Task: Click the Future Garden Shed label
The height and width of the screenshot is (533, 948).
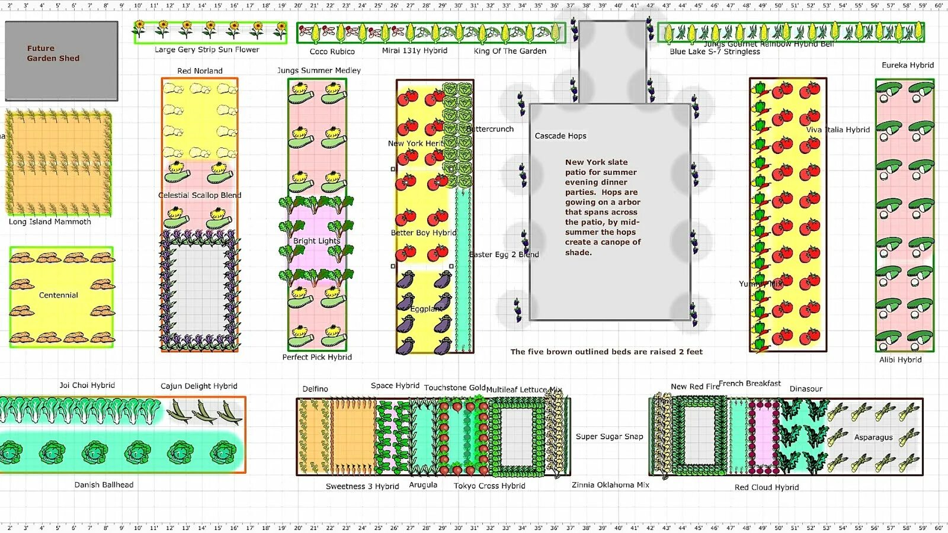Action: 53,53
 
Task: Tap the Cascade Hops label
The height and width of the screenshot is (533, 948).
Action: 560,136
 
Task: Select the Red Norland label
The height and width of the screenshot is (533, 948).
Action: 200,70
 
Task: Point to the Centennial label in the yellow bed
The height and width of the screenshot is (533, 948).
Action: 58,295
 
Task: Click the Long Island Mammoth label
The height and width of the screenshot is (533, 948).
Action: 50,221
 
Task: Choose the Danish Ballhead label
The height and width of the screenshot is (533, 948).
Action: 104,484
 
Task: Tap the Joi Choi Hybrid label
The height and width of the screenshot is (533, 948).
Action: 87,385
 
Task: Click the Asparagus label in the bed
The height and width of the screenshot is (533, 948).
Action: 873,437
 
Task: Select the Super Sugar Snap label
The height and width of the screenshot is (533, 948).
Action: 609,436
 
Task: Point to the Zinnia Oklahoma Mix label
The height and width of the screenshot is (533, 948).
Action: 610,484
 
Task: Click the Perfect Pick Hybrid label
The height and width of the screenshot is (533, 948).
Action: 316,357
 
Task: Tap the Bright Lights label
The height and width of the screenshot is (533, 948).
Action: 316,241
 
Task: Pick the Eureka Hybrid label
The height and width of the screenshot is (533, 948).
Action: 907,65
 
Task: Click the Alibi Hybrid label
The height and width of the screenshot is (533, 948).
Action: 900,359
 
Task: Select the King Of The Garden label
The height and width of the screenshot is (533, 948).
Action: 510,51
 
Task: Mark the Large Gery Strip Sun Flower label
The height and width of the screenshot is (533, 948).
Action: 207,50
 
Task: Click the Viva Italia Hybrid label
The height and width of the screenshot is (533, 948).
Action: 837,130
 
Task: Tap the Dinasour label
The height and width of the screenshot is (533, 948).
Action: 806,388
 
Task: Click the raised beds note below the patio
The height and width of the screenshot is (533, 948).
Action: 606,352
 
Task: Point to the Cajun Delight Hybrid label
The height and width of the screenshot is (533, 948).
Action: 198,386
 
